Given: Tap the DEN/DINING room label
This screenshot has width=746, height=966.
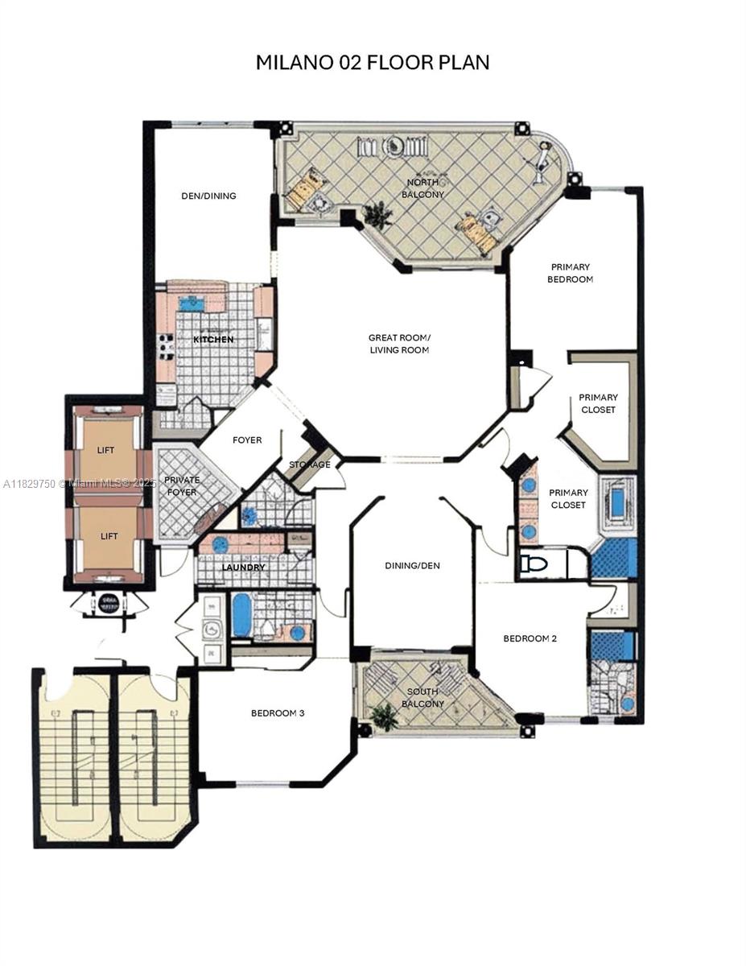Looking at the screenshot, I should [208, 196].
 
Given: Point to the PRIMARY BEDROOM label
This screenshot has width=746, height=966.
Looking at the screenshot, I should [571, 273].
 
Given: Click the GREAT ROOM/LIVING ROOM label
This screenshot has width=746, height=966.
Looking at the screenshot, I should [399, 344].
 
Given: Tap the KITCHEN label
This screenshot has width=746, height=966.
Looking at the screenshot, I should [213, 340].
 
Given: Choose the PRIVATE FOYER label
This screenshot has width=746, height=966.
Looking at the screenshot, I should [181, 485].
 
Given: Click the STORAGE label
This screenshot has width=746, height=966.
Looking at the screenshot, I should [310, 464].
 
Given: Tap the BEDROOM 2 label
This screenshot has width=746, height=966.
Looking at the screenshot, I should [530, 638].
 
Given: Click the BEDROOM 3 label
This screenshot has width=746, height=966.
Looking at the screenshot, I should [278, 713].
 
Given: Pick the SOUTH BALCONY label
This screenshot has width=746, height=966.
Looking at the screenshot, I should [424, 698].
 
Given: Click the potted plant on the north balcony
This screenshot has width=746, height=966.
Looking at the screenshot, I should [377, 215].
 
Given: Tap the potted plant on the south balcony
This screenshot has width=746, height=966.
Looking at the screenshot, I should [385, 716].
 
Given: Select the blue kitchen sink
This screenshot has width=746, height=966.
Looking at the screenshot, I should [191, 303].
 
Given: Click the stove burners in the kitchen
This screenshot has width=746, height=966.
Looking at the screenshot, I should [167, 346].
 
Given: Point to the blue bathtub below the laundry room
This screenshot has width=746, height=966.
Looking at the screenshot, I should [241, 615].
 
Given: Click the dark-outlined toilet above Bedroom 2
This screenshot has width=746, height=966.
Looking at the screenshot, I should [533, 563].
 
